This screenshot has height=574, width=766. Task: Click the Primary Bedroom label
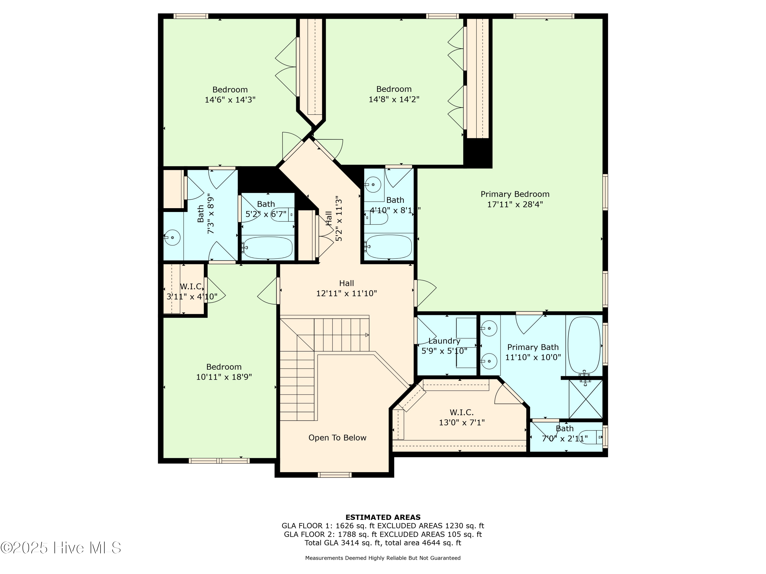click(x=515, y=194)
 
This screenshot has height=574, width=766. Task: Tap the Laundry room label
click(x=444, y=341)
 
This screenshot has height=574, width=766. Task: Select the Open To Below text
click(x=337, y=438)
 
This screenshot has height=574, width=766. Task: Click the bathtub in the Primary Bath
click(x=584, y=345)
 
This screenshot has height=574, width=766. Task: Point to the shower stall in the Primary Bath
click(x=585, y=399)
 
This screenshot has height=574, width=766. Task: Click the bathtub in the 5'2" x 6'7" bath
click(x=267, y=247)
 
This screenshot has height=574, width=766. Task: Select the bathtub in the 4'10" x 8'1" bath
click(x=389, y=247)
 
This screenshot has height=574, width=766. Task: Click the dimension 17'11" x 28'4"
click(x=515, y=204)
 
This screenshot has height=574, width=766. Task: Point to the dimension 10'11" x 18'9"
click(x=224, y=377)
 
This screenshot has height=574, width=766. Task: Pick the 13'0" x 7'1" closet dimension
click(x=462, y=422)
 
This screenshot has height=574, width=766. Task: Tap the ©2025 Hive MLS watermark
click(x=61, y=548)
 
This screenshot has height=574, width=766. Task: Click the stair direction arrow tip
click(x=368, y=335)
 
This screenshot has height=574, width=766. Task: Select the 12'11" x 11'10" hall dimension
click(x=346, y=293)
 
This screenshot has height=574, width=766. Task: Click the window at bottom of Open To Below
click(x=334, y=475)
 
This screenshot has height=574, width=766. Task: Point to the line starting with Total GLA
click(x=383, y=543)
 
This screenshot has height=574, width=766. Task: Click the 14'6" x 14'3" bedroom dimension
click(x=230, y=100)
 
